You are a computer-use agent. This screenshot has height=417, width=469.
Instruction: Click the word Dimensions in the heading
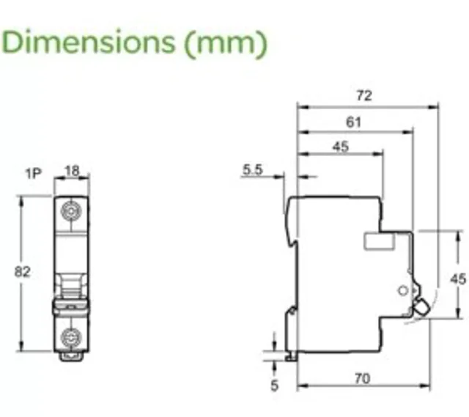(x=88, y=42)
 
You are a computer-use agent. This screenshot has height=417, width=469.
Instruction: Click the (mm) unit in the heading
(x=225, y=43)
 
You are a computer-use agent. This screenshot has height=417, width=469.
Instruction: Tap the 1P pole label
(x=34, y=174)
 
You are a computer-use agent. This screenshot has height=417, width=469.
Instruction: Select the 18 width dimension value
(x=72, y=171)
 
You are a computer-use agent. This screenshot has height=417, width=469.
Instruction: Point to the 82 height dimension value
(x=23, y=272)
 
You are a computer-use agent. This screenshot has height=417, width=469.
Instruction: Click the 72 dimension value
(x=364, y=95)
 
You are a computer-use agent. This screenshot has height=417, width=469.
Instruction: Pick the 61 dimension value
(x=353, y=122)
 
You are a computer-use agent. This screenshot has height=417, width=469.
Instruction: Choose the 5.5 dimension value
(x=252, y=169)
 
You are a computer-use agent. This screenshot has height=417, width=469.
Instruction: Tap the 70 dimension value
(x=363, y=379)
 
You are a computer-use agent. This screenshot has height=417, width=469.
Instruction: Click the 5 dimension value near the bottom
(x=275, y=385)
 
